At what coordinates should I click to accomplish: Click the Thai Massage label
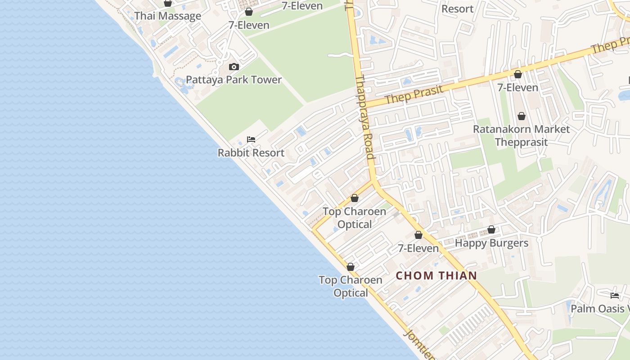[168, 16]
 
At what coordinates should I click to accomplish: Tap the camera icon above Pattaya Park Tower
[234, 67]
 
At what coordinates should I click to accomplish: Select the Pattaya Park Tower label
[234, 80]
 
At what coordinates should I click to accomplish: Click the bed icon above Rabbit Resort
[251, 139]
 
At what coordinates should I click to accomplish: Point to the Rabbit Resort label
[251, 153]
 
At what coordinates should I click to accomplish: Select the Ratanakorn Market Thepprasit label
[521, 136]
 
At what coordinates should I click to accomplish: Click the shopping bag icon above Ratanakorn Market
[521, 117]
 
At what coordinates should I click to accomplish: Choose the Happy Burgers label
[491, 243]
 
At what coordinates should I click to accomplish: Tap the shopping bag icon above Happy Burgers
[491, 230]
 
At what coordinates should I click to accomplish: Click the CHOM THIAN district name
[436, 276]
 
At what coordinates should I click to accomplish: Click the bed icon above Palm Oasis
[615, 296]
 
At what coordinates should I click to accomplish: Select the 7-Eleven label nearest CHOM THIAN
[418, 248]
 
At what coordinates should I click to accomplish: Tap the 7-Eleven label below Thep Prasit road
[517, 88]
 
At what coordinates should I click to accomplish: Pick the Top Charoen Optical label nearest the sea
[351, 286]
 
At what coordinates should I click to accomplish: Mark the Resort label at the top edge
[457, 9]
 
